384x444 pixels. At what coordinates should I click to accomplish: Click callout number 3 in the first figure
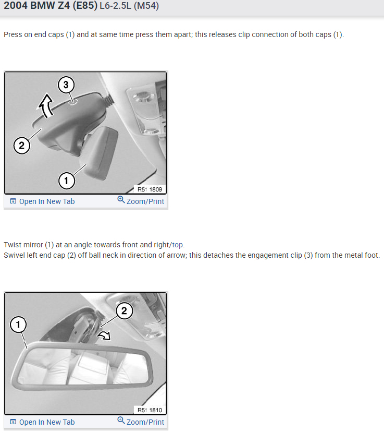[x=66, y=85]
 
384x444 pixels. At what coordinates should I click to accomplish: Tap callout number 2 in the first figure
[x=21, y=146]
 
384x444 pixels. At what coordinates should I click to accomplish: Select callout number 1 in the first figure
[x=67, y=181]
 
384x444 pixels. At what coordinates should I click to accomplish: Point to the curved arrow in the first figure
[x=46, y=105]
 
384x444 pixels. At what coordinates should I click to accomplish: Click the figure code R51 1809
[x=150, y=189]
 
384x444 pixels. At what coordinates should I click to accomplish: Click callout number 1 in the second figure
[x=18, y=325]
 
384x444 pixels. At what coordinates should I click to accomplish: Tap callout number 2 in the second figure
[x=124, y=311]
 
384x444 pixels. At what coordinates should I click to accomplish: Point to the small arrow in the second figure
[x=104, y=335]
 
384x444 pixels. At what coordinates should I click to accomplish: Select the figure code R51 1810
[x=150, y=410]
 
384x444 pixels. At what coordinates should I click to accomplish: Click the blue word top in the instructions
[x=177, y=245]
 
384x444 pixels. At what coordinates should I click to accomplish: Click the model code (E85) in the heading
[x=85, y=6]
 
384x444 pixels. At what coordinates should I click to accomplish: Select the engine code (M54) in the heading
[x=146, y=6]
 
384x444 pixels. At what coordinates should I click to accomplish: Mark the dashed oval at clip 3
[x=72, y=102]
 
